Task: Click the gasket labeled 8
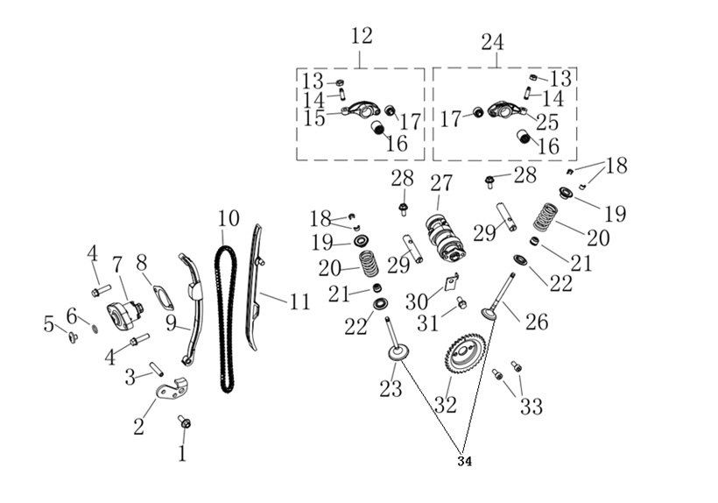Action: (164, 298)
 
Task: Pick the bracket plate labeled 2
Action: (173, 391)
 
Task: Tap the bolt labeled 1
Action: (185, 422)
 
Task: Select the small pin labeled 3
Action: (157, 369)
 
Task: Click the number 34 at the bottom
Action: (464, 461)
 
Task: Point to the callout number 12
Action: (362, 36)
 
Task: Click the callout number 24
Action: (493, 42)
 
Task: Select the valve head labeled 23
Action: (396, 353)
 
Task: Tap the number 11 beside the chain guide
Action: (299, 301)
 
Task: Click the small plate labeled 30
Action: (452, 282)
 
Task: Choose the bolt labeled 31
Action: (461, 302)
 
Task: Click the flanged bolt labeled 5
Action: (73, 337)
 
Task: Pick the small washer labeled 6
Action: (95, 329)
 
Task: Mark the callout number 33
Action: (531, 407)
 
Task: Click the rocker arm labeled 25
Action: (504, 110)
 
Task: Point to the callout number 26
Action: (537, 322)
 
